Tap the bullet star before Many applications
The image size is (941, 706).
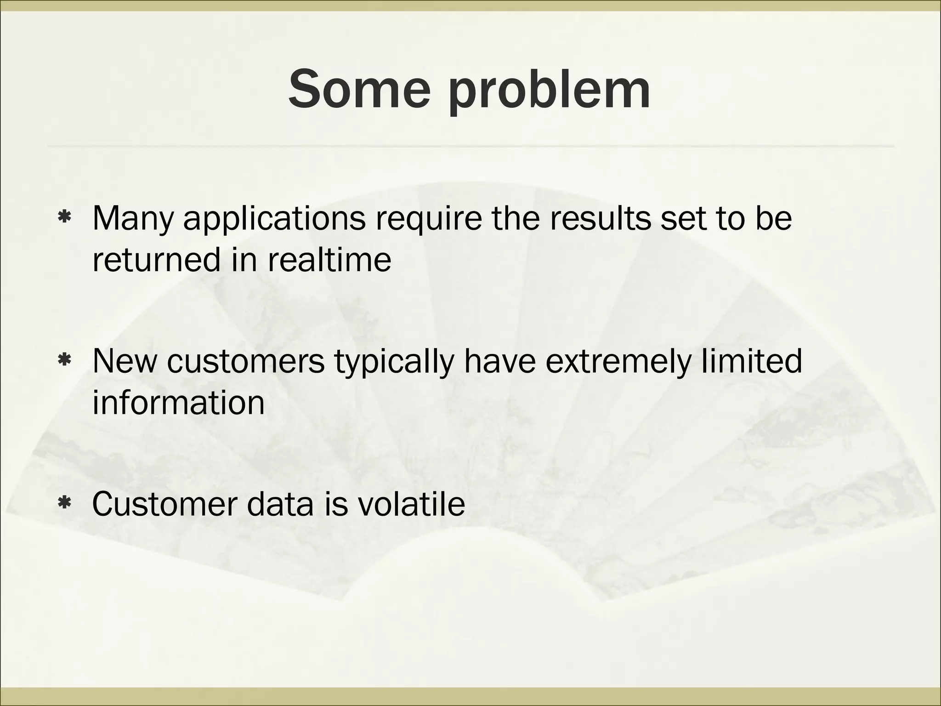pyautogui.click(x=64, y=217)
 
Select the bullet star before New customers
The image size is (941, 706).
pyautogui.click(x=64, y=360)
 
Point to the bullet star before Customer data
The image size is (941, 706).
pyautogui.click(x=64, y=504)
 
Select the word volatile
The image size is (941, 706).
pyautogui.click(x=410, y=504)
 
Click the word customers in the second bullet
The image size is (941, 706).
pyautogui.click(x=246, y=361)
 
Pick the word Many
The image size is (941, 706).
pyautogui.click(x=133, y=219)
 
